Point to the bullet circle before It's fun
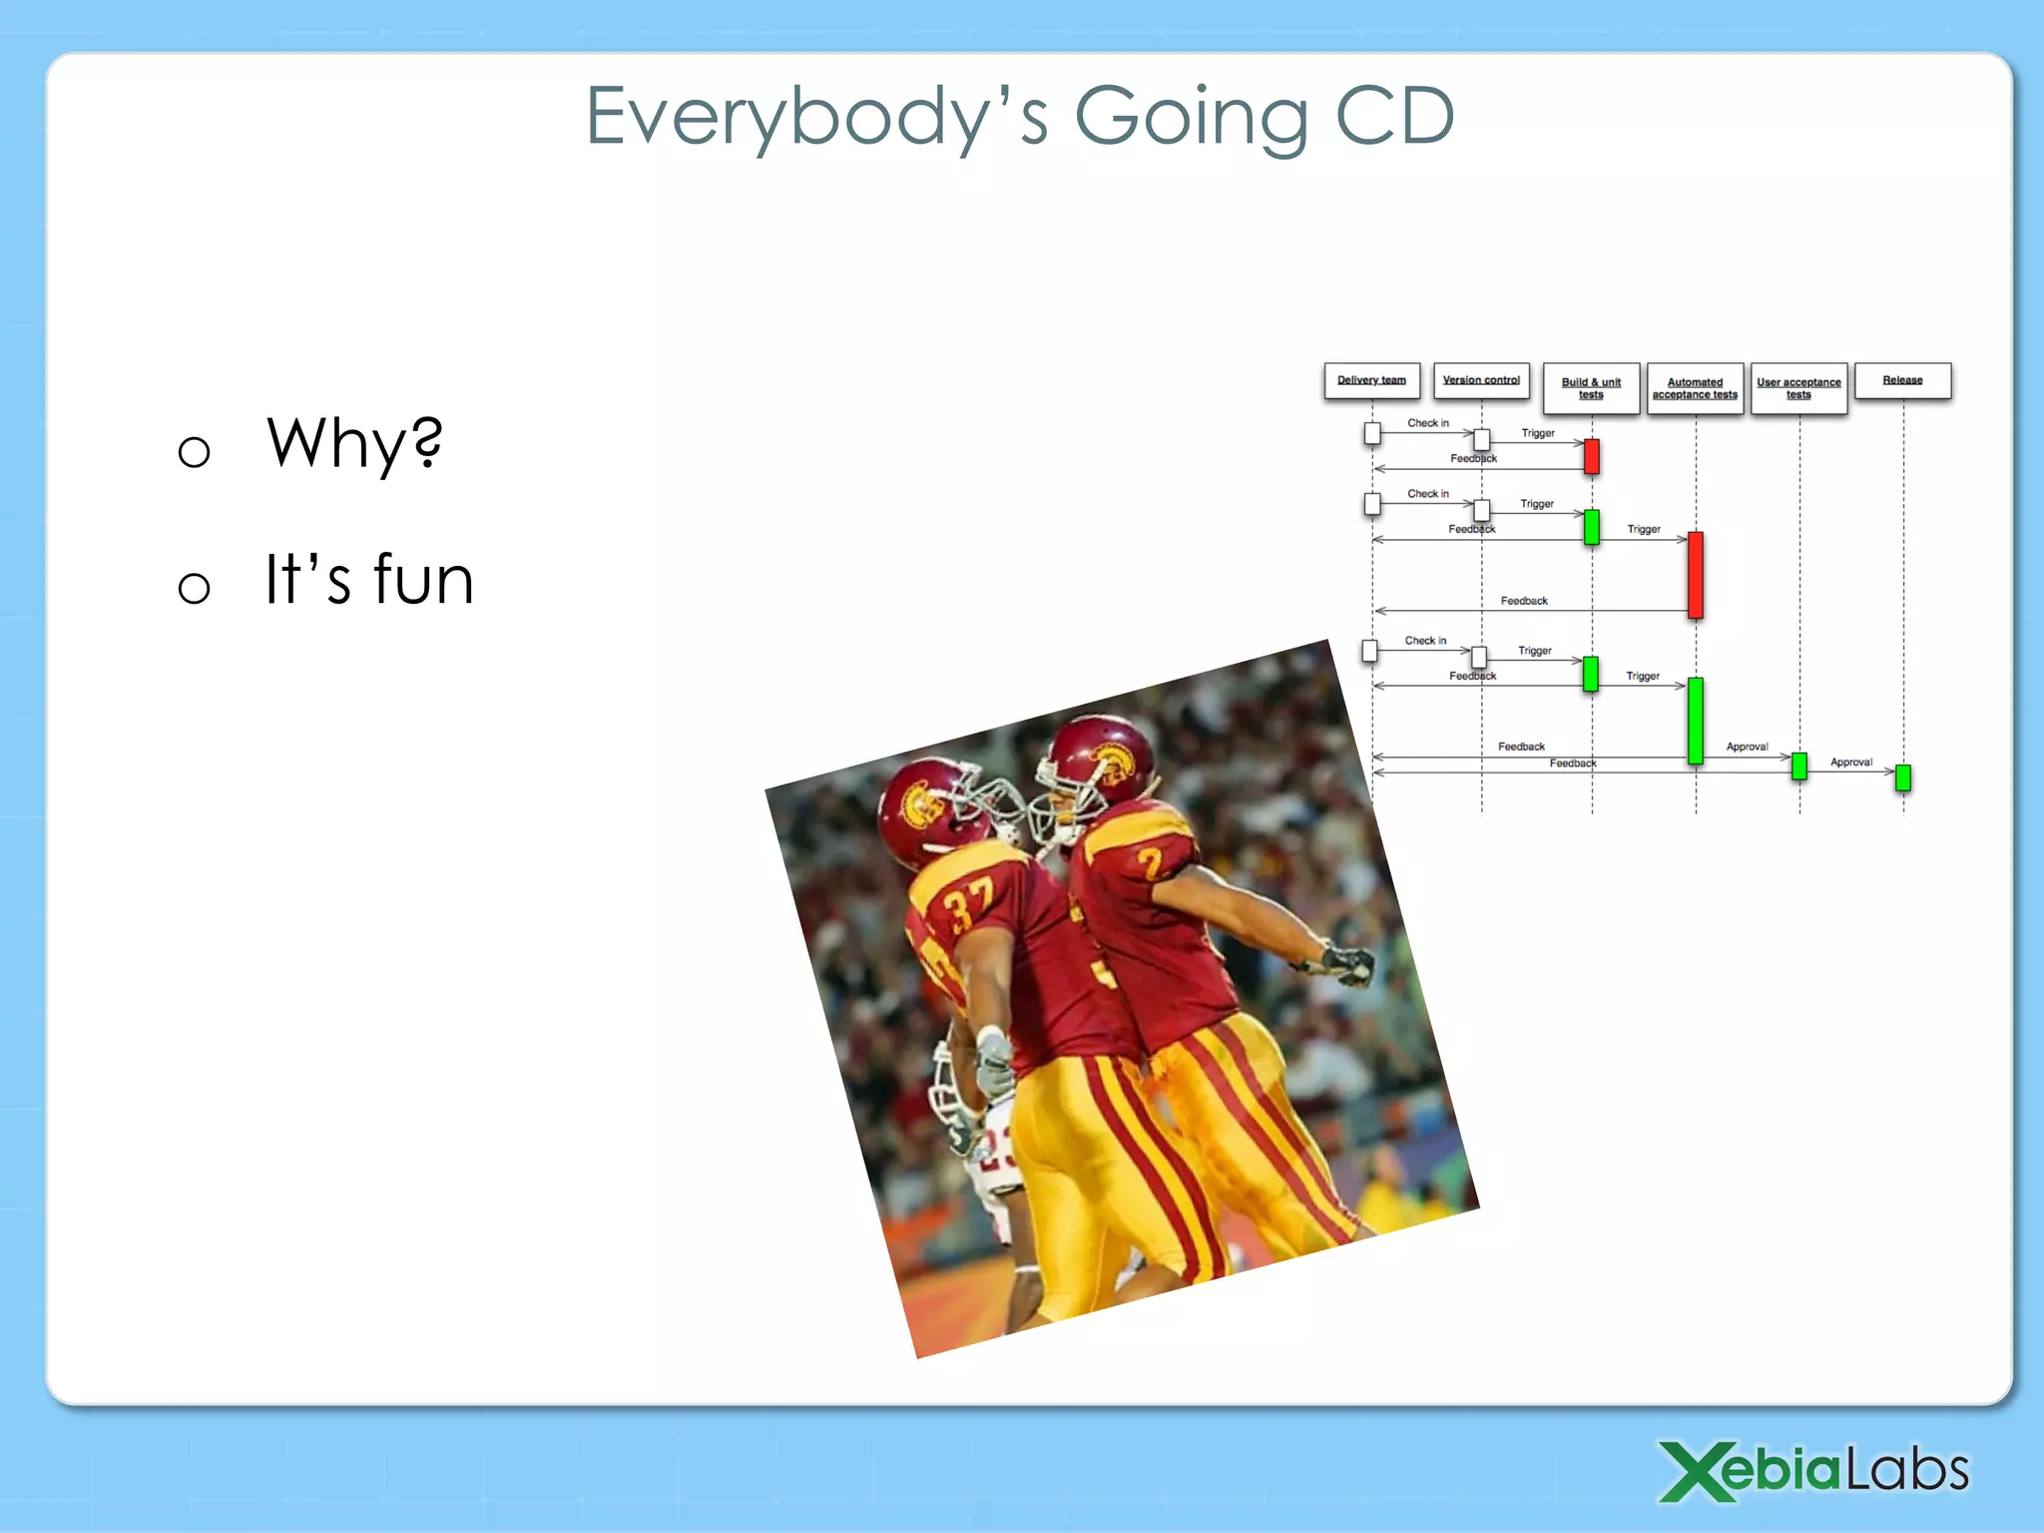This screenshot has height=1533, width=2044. pos(194,588)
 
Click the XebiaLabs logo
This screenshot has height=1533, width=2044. pos(1812,1471)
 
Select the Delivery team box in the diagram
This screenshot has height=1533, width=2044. pos(1371,380)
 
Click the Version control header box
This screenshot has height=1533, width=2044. pos(1481,380)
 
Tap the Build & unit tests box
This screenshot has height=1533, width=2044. pos(1591,388)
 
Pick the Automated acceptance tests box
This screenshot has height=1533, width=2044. pos(1695,388)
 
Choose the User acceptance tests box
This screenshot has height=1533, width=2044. pos(1798,388)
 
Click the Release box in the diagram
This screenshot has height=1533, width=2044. pos(1902,380)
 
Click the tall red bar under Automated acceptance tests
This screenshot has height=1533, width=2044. pos(1695,575)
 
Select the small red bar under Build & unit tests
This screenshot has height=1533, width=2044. pos(1592,456)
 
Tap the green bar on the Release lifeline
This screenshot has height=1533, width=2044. pos(1903,777)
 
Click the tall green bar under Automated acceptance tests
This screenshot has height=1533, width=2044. pos(1695,721)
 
